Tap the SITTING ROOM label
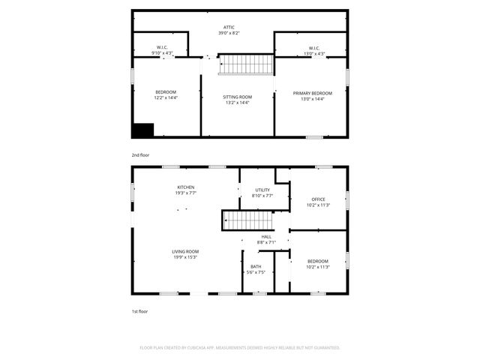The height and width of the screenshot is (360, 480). point(237,97)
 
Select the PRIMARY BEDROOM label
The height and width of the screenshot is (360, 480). point(312,93)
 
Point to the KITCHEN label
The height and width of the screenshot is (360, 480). point(186,187)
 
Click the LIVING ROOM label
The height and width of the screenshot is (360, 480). point(185,251)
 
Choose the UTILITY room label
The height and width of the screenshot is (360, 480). point(262,190)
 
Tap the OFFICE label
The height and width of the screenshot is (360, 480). point(319,199)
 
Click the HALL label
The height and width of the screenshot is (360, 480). point(267,236)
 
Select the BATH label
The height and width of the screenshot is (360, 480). point(256,266)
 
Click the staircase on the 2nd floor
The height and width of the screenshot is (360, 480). point(246,64)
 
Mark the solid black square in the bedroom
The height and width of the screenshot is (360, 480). point(142,130)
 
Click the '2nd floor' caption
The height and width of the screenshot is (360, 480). point(140,154)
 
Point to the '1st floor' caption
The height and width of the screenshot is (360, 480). point(139,310)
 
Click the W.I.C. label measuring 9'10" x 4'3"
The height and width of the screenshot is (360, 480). point(161,49)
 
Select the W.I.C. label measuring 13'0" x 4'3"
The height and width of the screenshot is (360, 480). point(314,49)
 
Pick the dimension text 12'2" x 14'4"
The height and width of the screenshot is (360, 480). point(166,97)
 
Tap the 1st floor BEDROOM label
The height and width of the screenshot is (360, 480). point(319,261)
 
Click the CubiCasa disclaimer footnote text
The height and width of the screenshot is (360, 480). point(240,348)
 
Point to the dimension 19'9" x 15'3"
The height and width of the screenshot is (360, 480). point(185,257)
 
